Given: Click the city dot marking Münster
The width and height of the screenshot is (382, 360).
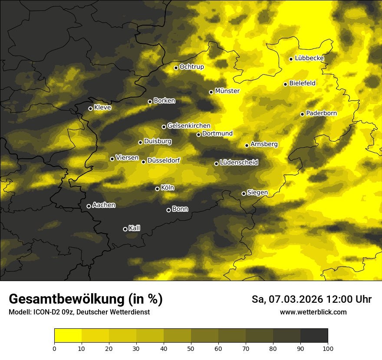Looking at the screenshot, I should coord(211,92).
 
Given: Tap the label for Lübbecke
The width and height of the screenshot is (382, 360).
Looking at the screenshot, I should coord(309,58).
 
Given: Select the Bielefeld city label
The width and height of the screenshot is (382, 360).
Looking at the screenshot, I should coord(302,83).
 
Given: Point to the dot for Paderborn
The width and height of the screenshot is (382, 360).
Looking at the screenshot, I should coord(303,114).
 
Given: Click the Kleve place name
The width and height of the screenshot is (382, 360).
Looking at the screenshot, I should coord(102,107).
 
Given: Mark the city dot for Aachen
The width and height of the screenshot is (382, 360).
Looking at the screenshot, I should coord(89,206).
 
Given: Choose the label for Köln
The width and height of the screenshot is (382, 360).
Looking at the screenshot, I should coord(167,188).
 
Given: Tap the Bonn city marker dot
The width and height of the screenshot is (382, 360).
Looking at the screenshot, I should coord(169,210).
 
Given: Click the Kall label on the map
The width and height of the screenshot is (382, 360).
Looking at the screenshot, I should coord(135,228).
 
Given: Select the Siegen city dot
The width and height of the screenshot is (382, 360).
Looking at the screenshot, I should coord(244,193).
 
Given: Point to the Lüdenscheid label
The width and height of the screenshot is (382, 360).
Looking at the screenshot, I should coord(239,162).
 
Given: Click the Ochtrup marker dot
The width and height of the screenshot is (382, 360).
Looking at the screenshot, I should coord(176,68).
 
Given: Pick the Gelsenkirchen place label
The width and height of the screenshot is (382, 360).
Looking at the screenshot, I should coord(189,126).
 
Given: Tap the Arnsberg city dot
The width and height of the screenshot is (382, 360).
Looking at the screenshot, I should coord(247,145).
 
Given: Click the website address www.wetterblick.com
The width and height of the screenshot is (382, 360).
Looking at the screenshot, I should coord(313,312).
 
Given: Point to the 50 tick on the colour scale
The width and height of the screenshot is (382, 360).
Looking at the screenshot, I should coord(191,348).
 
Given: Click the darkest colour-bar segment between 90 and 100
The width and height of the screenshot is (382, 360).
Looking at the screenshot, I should coord(314,335).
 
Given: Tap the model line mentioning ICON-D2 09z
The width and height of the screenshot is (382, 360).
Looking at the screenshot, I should coord(79,312).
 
